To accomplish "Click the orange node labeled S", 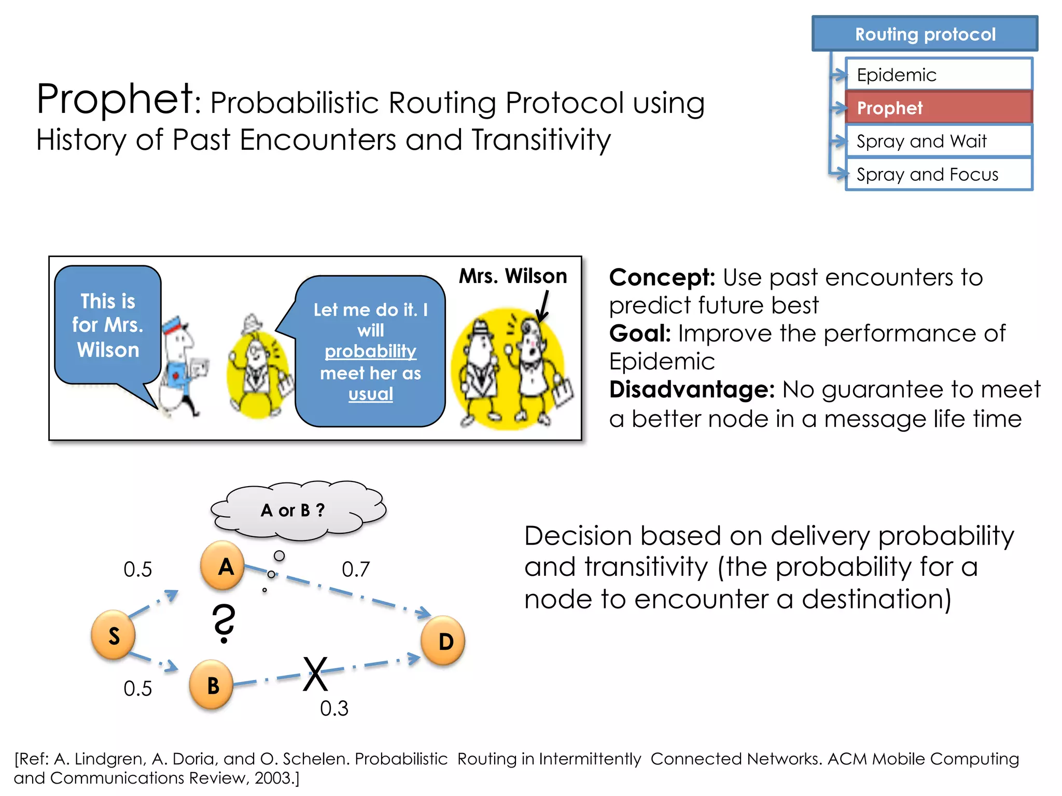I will (113, 635).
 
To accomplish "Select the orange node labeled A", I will (223, 566).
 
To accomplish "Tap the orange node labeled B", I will (212, 685).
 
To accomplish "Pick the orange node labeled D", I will (443, 641).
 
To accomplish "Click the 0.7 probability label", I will (356, 570).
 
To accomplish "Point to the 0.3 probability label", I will (334, 708).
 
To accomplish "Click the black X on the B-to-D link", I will (315, 674).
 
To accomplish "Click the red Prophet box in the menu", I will (939, 108).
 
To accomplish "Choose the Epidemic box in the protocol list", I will (939, 75).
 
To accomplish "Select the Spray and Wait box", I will (939, 141).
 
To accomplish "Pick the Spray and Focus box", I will (939, 175).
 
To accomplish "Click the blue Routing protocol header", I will (925, 34).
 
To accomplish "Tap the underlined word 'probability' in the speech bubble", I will (370, 351).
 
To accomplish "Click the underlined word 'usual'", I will (370, 394).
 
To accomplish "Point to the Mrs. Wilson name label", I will (513, 276).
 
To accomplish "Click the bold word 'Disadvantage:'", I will (692, 390).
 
